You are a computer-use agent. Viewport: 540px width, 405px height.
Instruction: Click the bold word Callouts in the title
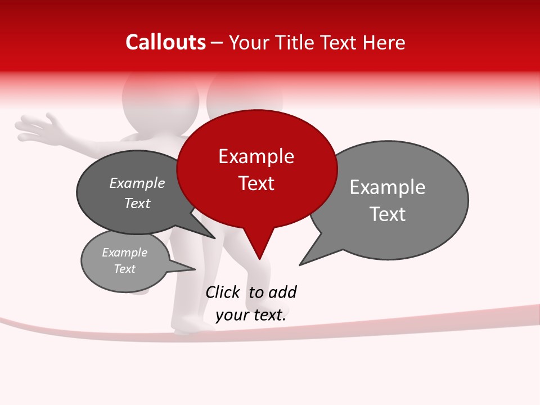click(x=165, y=42)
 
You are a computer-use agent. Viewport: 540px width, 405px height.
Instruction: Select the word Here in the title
click(x=384, y=42)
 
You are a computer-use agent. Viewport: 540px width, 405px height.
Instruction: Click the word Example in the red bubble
click(x=256, y=156)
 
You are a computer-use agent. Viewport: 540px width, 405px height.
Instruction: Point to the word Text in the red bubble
click(x=256, y=183)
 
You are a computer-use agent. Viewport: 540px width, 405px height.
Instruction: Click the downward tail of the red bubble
click(x=259, y=247)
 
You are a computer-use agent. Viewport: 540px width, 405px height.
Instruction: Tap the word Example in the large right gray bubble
click(x=387, y=187)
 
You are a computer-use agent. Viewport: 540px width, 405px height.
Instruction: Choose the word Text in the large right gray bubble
click(x=387, y=214)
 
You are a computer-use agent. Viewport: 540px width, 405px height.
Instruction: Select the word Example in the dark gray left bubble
click(x=137, y=183)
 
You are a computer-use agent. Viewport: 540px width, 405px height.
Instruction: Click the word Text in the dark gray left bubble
click(x=137, y=204)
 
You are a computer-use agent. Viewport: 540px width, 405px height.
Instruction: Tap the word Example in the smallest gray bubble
click(x=124, y=253)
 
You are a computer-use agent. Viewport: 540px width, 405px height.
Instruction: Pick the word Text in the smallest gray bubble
click(x=124, y=269)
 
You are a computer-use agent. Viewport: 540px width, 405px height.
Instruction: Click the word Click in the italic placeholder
click(x=222, y=292)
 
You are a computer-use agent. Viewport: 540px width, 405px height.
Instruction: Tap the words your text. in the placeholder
click(x=251, y=315)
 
